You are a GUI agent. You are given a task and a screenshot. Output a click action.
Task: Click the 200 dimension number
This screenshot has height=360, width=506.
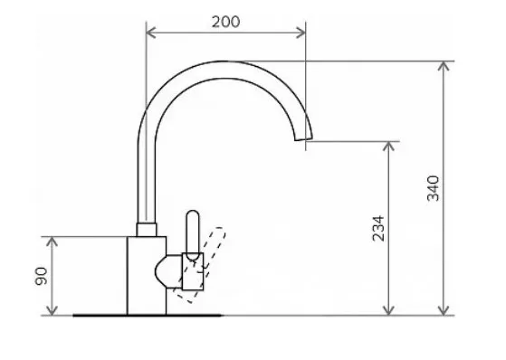(226, 22)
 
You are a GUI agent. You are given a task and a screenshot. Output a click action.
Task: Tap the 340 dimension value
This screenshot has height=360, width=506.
(433, 188)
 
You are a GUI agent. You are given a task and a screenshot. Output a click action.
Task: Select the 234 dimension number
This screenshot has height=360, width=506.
(378, 229)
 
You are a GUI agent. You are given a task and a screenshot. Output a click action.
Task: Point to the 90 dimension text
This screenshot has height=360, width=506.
(41, 276)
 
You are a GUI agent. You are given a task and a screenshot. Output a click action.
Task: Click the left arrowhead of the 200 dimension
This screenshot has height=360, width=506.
(150, 33)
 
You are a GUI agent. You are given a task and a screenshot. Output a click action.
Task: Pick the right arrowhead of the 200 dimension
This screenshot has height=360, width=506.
(301, 33)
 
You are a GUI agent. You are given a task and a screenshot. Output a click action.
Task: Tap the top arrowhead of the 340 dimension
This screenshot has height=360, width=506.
(444, 66)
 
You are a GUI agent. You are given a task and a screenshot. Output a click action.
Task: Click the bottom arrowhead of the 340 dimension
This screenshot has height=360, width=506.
(444, 310)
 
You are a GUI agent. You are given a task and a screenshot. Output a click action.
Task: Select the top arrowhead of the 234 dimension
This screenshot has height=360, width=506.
(389, 147)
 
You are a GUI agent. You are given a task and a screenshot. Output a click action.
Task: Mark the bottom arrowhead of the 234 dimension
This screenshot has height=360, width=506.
(389, 310)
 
